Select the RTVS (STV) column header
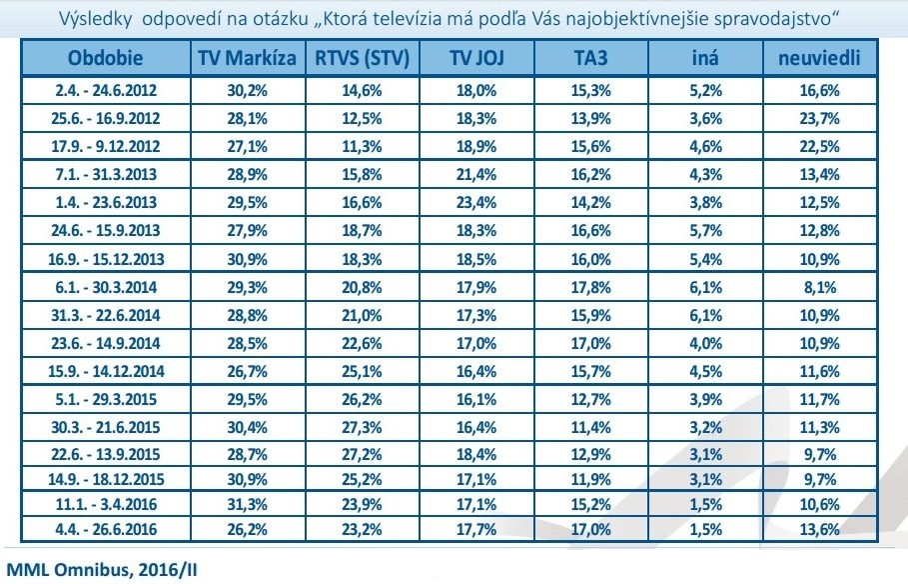(x=362, y=59)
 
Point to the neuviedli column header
(x=819, y=59)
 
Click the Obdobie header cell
(x=105, y=59)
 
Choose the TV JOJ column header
(x=475, y=59)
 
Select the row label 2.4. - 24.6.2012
(x=105, y=90)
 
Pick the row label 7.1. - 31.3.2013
(x=105, y=173)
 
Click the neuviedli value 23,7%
(x=819, y=118)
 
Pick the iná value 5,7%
(x=705, y=229)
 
